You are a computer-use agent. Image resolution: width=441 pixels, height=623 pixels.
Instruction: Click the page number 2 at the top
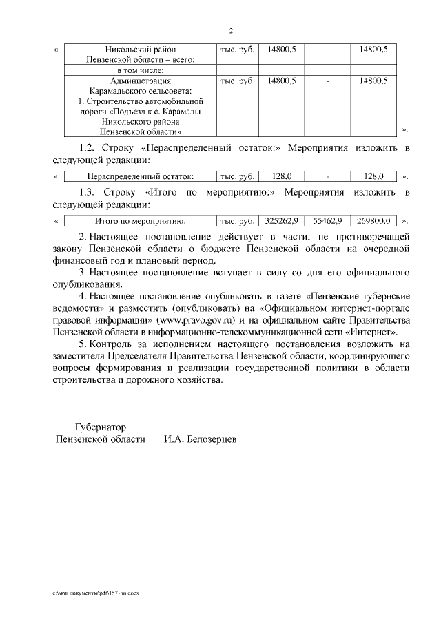click(x=231, y=31)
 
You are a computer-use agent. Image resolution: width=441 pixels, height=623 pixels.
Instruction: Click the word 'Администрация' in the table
click(x=140, y=81)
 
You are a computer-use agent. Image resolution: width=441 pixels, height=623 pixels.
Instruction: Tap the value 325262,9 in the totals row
click(x=281, y=221)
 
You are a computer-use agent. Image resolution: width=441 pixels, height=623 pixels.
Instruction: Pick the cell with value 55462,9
click(x=327, y=221)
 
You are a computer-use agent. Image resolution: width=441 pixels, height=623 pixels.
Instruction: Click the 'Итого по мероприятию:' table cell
click(x=141, y=221)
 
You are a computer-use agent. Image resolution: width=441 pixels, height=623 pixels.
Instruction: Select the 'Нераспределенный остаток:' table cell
click(x=141, y=176)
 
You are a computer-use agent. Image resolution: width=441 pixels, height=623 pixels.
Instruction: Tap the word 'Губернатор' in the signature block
click(x=100, y=427)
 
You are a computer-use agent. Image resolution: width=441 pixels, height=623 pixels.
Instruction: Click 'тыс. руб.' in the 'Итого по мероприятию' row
click(x=237, y=221)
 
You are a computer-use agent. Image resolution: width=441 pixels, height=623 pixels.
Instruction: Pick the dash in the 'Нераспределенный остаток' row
click(x=327, y=176)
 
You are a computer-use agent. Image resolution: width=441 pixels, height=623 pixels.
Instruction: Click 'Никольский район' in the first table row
click(x=140, y=49)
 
